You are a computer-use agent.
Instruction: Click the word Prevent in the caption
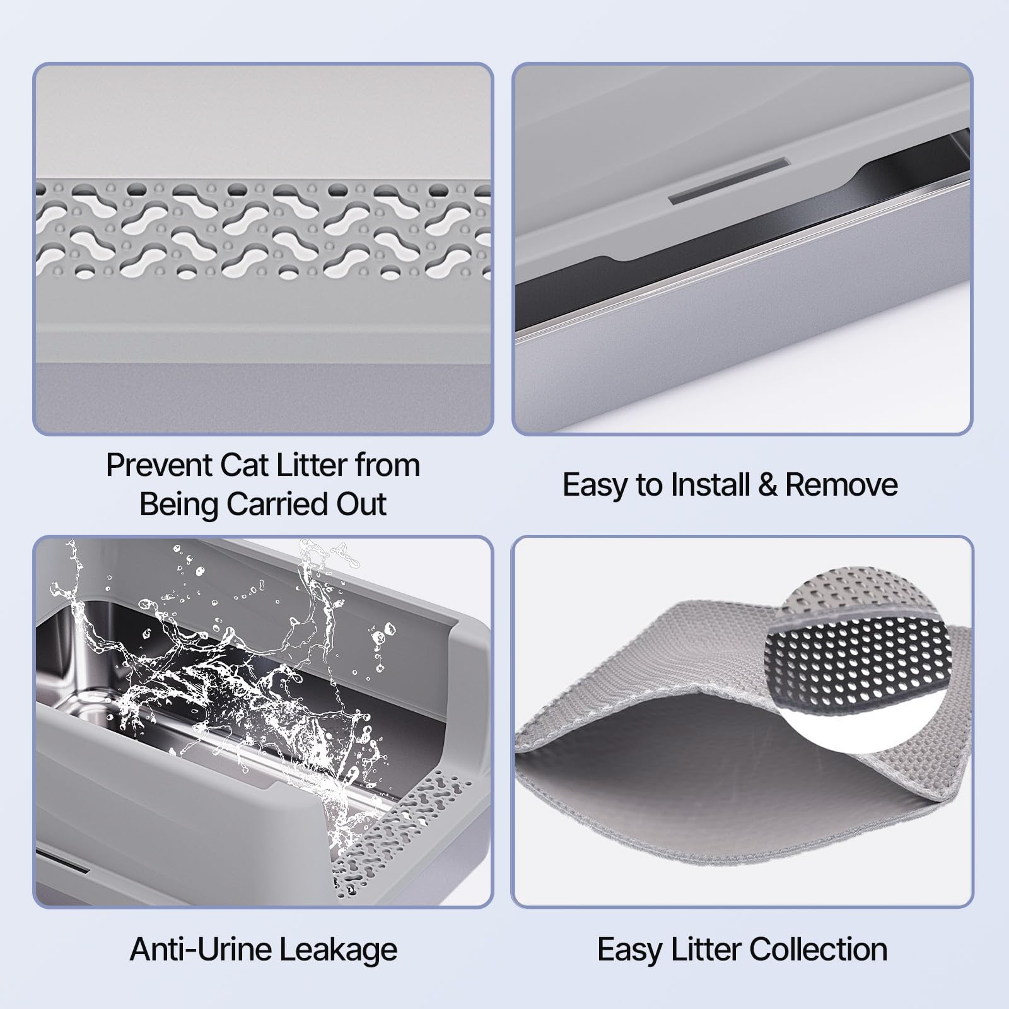click(x=160, y=466)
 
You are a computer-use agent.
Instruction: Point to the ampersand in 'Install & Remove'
click(x=767, y=486)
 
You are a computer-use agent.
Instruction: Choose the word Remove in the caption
click(x=841, y=486)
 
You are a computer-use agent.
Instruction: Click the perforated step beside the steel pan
click(x=404, y=832)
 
